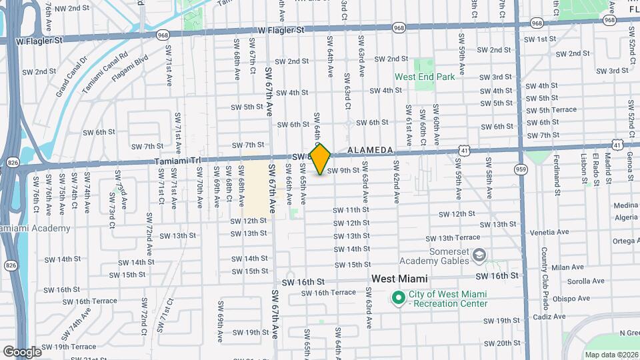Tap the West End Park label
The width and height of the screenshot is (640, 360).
tap(425, 77)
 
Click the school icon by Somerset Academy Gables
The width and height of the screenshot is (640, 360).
tap(478, 255)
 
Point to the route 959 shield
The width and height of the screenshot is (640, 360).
tap(521, 170)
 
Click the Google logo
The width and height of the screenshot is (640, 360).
tap(22, 351)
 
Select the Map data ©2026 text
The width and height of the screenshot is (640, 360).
tap(611, 355)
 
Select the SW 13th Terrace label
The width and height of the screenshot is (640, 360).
tap(453, 238)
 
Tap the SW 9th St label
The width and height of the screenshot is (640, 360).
tap(344, 170)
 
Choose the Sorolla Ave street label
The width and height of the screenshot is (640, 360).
tap(571, 282)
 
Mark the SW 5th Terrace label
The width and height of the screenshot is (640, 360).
tap(550, 110)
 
